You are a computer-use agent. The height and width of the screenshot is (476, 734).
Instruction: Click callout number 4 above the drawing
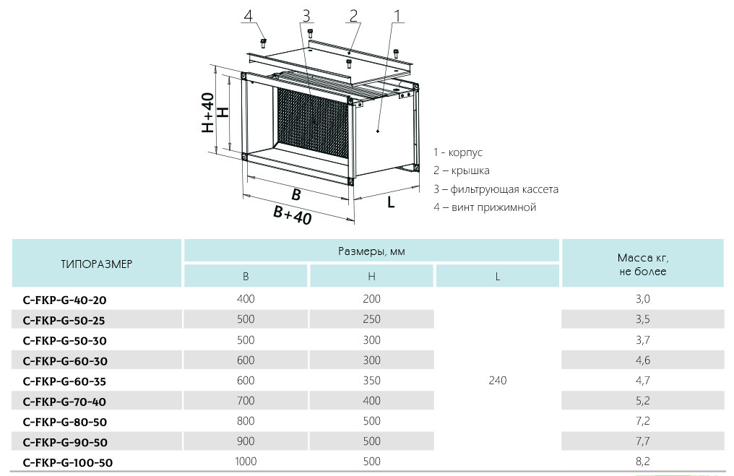pos(249,16)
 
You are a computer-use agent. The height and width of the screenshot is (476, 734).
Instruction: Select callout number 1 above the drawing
pos(397,16)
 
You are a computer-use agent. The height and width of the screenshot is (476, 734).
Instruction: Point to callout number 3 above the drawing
pos(306,16)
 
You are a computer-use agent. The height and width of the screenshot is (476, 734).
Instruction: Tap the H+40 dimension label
pos(208,113)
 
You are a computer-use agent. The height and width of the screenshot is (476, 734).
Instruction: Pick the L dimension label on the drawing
pos(391,202)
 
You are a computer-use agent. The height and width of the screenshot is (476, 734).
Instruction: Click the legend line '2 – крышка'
pos(462,171)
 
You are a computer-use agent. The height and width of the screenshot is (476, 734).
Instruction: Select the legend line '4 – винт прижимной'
pos(485,207)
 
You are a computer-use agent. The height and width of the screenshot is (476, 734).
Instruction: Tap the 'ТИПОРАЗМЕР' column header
pos(97,264)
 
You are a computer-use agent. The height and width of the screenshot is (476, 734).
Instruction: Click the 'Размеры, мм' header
pos(372,251)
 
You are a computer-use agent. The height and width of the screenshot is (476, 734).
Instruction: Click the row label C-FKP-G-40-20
pos(69,299)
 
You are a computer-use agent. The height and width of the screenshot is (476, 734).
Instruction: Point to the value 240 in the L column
pos(498,381)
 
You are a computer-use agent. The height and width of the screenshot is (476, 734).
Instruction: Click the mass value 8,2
pos(642,462)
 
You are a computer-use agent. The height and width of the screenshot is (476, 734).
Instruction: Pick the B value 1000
pos(246,462)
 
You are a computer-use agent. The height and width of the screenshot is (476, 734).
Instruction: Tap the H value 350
pos(371,381)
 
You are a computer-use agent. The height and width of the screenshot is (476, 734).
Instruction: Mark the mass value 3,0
pos(642,299)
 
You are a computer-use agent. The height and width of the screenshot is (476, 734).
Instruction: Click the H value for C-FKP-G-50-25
pos(371,319)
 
